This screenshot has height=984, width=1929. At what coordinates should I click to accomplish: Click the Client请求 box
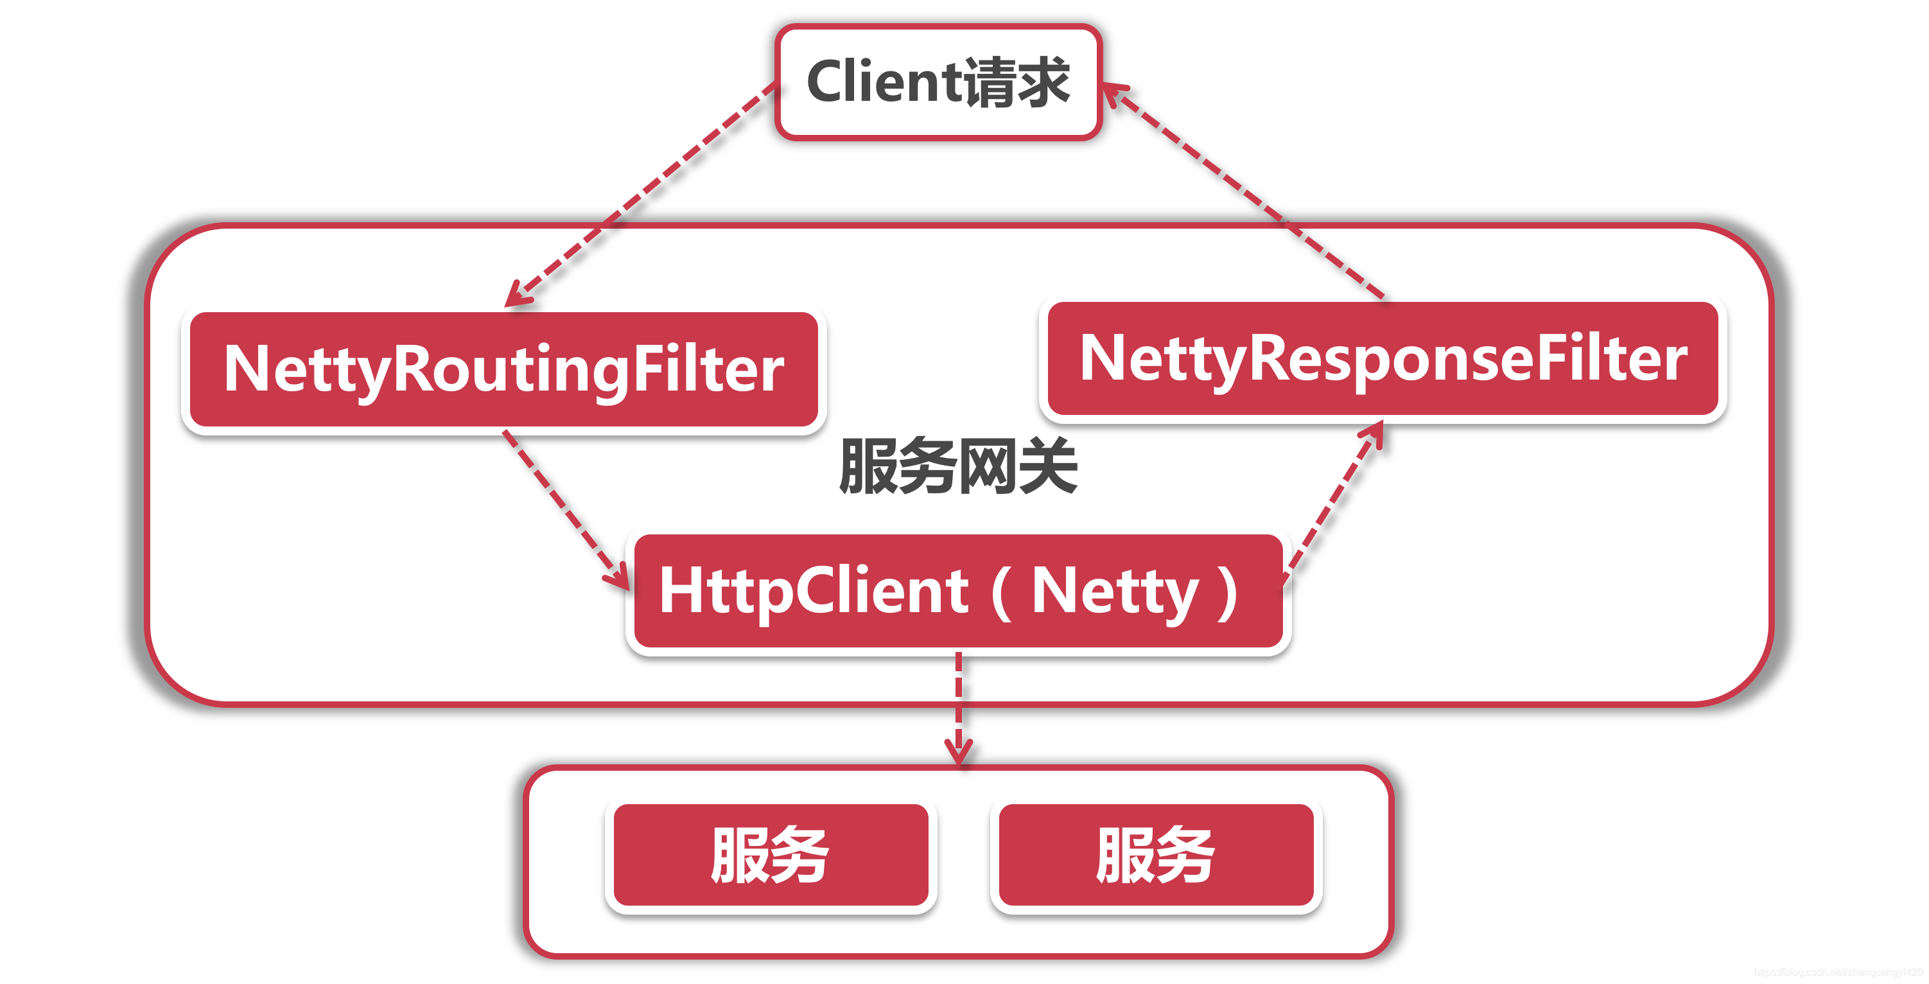(938, 82)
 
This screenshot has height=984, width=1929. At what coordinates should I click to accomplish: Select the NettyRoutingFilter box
(503, 369)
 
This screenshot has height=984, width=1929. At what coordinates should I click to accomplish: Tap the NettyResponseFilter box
(1383, 358)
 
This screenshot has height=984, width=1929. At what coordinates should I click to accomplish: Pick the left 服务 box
(771, 855)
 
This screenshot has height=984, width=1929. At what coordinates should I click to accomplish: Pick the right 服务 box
(1155, 855)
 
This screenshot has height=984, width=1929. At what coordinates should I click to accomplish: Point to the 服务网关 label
(958, 466)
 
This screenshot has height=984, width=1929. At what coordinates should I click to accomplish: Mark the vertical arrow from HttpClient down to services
(959, 704)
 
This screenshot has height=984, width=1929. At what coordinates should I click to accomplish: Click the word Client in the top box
(884, 82)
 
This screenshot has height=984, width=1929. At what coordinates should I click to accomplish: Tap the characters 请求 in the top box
(1017, 82)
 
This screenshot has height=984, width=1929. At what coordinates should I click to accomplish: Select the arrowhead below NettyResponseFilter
(1374, 434)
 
